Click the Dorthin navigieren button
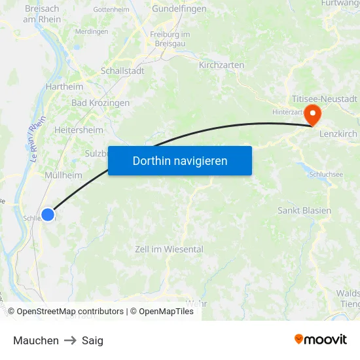point(180,160)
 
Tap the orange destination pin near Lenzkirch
point(313,115)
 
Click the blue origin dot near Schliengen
point(48,214)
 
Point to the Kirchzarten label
point(221,65)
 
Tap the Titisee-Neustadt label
point(325,99)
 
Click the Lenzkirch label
point(338,134)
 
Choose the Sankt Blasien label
point(304,211)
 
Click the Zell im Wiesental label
point(169,249)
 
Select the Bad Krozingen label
point(100,103)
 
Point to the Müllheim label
point(63,175)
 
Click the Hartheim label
point(64,86)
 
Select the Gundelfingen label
point(179,9)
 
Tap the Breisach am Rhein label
point(43,14)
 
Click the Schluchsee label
point(326,174)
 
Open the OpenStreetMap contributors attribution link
point(70,312)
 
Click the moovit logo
point(320,339)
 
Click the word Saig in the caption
point(92,340)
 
